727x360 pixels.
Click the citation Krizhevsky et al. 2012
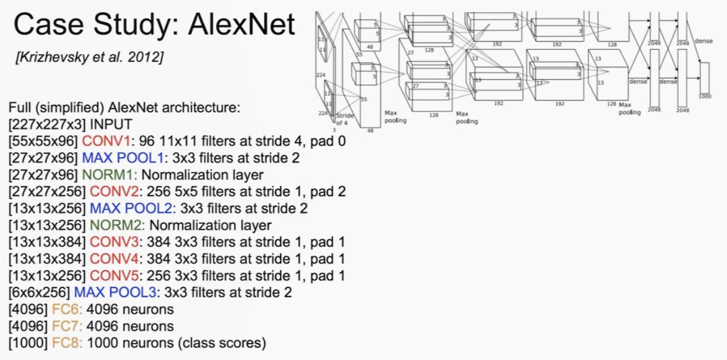[x=90, y=58]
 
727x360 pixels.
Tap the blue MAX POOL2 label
[x=132, y=208]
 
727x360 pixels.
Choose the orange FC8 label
[x=67, y=343]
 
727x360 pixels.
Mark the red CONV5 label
[x=113, y=275]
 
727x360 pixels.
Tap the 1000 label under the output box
[x=704, y=96]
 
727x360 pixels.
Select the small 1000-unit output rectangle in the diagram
[x=704, y=78]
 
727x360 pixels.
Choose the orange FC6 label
[x=67, y=309]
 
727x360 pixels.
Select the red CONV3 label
[x=113, y=242]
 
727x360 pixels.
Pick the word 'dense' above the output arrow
[x=704, y=40]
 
